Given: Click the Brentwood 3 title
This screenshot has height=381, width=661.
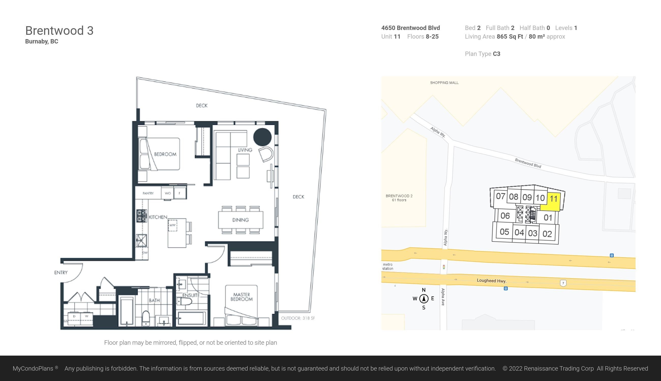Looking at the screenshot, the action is tap(59, 31).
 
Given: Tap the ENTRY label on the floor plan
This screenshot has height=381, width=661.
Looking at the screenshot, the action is tap(61, 272).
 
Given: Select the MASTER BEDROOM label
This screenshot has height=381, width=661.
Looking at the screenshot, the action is tap(242, 297).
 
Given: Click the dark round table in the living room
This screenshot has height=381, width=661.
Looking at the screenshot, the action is tap(262, 137).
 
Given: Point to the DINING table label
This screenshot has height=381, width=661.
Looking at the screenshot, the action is tap(241, 220).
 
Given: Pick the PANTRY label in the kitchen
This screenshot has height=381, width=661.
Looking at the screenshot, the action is tap(148, 193).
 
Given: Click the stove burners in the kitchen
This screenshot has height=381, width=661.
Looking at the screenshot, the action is tap(141, 216).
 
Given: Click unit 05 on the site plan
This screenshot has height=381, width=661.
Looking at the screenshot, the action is tap(504, 232).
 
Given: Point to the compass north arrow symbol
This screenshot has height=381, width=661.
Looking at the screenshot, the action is tap(424, 298).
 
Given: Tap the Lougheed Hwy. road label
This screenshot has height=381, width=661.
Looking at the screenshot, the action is tap(492, 280).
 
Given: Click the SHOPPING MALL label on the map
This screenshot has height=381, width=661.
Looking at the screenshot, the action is tap(444, 83).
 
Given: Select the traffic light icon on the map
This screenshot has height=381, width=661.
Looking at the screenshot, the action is tap(444, 267).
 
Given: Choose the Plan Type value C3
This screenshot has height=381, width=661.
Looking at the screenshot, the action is tap(497, 54).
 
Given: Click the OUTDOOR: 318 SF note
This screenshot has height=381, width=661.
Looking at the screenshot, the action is tap(298, 318).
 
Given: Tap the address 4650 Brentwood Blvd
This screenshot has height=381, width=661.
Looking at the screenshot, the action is tap(411, 28).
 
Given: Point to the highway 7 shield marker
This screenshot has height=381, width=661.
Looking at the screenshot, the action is tap(563, 283).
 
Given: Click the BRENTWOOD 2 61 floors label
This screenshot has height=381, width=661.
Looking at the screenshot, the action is tap(399, 198).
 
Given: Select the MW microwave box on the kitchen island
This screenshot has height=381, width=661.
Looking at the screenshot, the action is tap(173, 225).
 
